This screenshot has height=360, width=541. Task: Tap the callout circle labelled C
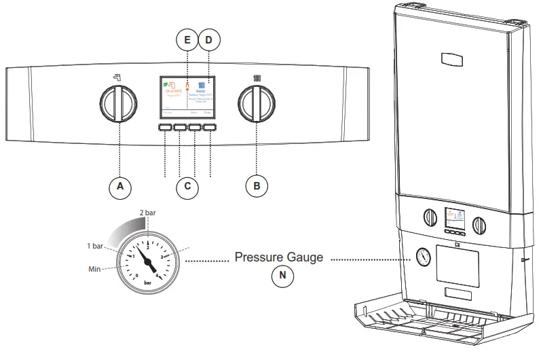tap(187, 186)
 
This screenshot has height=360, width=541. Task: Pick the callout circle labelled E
tap(187, 40)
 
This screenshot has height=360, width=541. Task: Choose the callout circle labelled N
tap(278, 276)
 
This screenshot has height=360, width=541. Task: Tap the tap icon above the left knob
tap(118, 77)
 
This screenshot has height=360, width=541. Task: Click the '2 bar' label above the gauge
tap(147, 213)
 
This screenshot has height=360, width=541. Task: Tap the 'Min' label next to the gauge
tap(96, 270)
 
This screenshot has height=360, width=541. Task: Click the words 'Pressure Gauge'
tap(278, 258)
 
